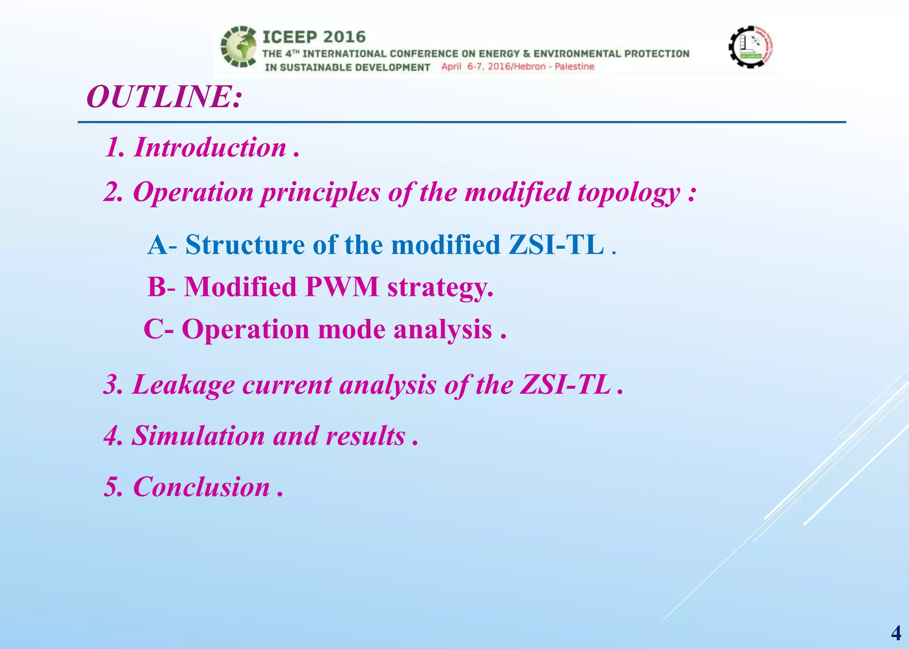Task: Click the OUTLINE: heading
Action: point(164,97)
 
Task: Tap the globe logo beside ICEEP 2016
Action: point(239,47)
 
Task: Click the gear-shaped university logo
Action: point(751,47)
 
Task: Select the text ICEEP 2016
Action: point(314,37)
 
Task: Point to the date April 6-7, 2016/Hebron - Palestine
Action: point(518,67)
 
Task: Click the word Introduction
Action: point(210,147)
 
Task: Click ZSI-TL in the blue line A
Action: point(556,245)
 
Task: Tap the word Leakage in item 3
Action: point(183,385)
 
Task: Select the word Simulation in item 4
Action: point(198,436)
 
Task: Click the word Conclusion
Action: point(201,487)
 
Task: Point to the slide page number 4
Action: point(896,633)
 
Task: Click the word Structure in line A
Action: point(245,245)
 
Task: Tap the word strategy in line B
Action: point(439,287)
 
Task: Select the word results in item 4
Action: point(365,436)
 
